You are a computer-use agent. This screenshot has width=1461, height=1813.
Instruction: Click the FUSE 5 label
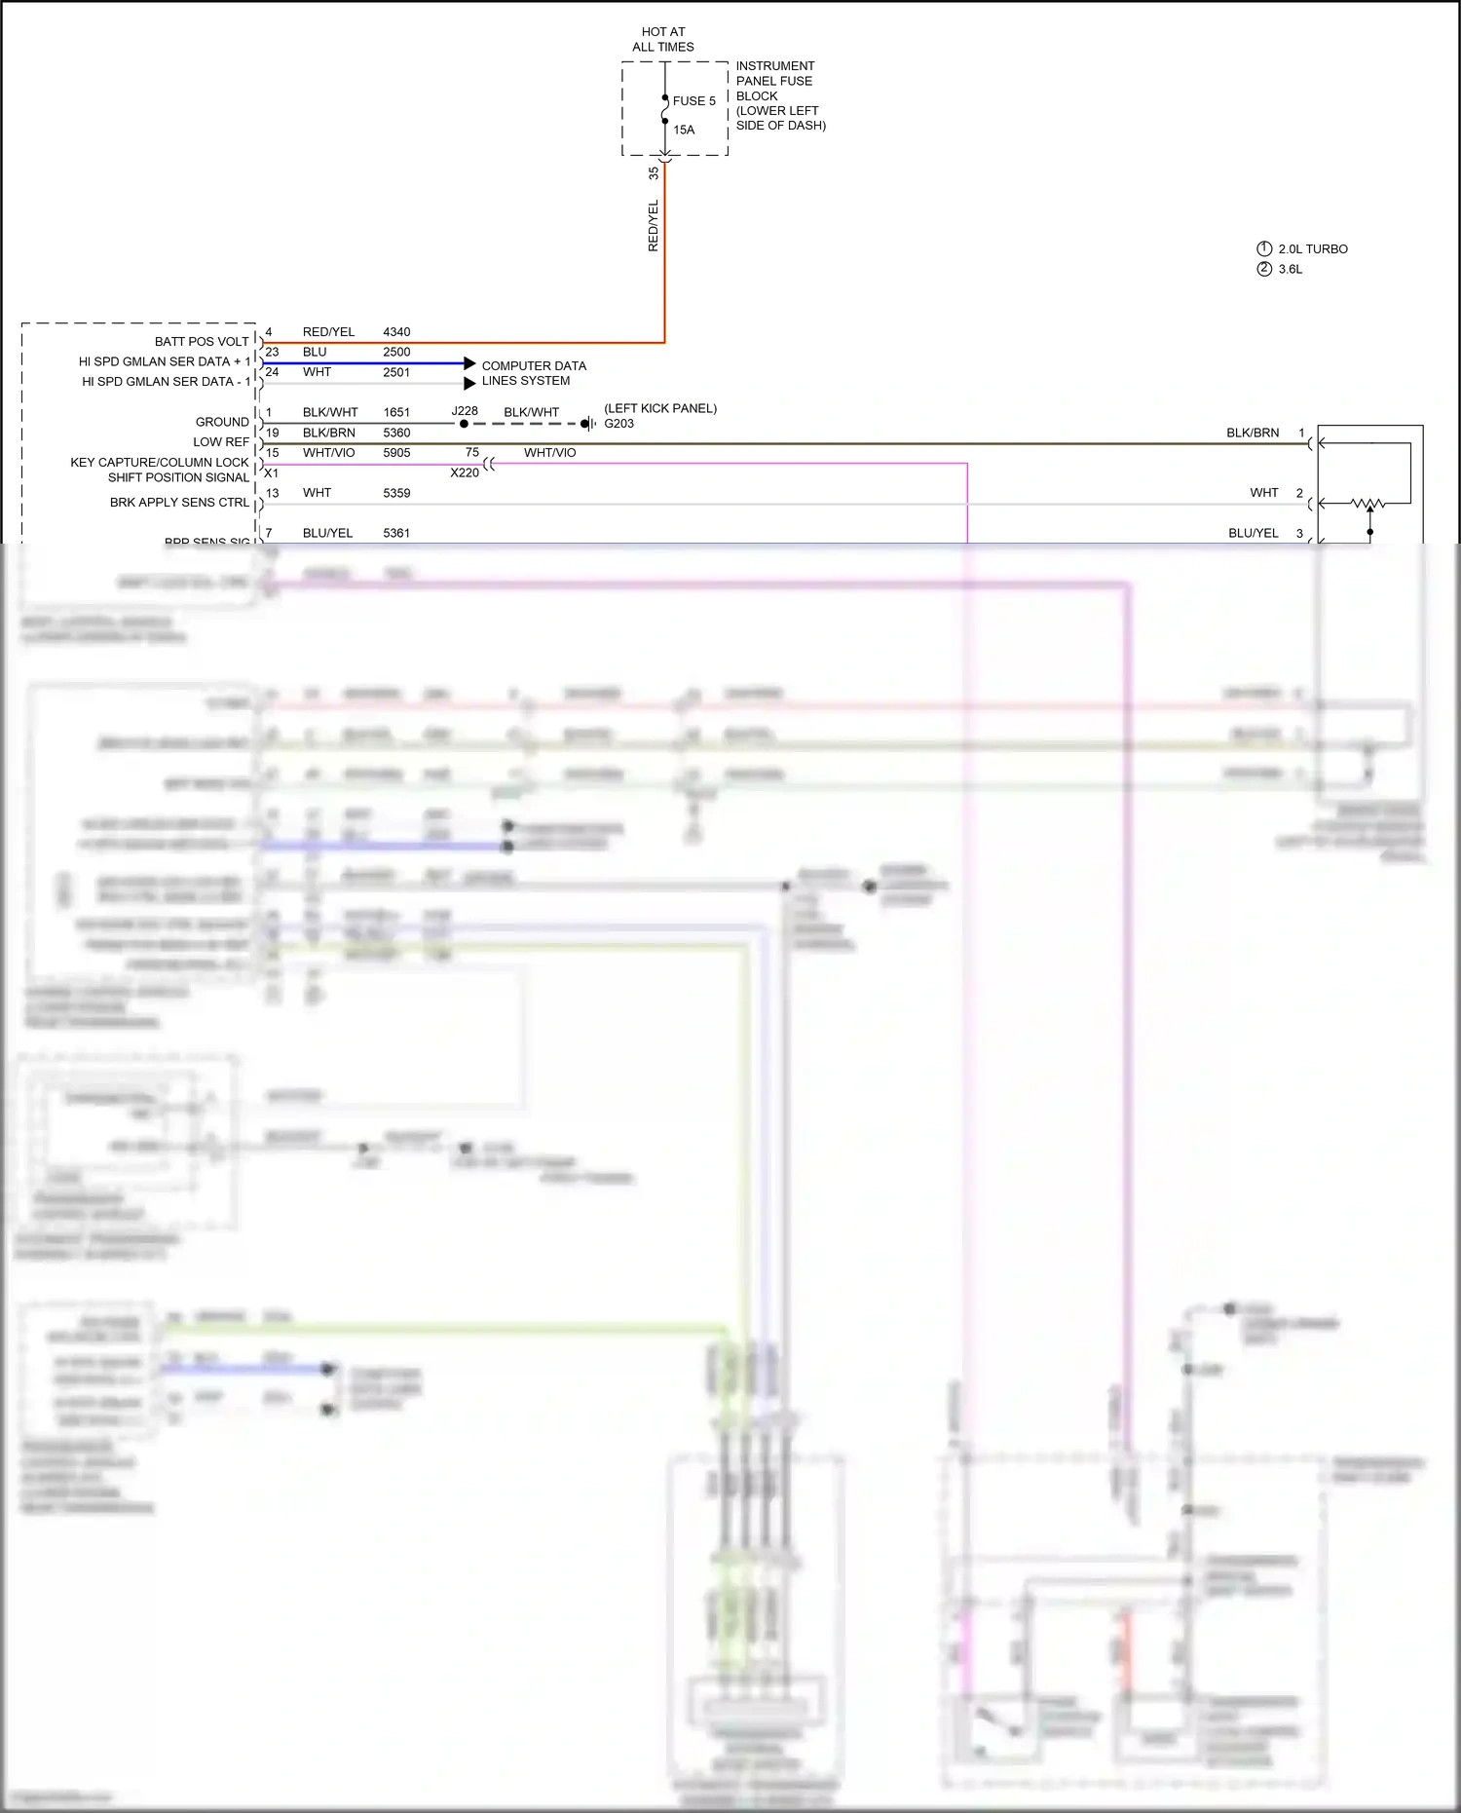click(x=693, y=101)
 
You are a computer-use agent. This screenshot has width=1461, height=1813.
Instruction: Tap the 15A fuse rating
click(x=684, y=131)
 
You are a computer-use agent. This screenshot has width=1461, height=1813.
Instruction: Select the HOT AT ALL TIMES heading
click(x=663, y=40)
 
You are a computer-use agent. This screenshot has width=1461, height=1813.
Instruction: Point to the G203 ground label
click(x=618, y=424)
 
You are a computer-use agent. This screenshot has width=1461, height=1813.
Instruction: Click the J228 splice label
click(x=465, y=411)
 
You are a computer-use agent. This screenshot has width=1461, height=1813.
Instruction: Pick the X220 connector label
click(x=465, y=472)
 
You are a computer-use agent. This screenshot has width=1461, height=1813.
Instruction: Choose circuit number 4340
click(x=396, y=332)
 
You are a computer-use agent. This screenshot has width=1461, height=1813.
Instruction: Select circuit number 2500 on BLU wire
click(x=396, y=353)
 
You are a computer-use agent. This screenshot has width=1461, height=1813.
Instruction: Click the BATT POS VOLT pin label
click(x=202, y=342)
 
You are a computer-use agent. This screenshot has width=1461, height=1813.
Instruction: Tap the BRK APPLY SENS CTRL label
click(x=179, y=503)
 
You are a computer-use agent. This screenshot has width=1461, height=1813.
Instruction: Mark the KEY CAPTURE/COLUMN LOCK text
click(x=160, y=463)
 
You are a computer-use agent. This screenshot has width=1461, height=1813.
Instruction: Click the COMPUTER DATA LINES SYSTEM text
click(x=534, y=373)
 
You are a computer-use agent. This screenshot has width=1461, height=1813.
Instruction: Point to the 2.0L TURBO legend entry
click(x=1312, y=249)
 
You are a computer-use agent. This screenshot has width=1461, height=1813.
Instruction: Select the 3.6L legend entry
click(x=1290, y=270)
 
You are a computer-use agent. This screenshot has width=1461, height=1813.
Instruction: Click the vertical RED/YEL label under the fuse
click(x=654, y=226)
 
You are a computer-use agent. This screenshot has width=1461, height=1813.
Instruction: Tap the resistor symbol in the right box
click(x=1369, y=504)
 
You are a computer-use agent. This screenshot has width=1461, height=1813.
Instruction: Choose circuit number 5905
click(x=396, y=453)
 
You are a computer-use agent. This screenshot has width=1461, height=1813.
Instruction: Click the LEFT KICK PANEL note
click(x=660, y=408)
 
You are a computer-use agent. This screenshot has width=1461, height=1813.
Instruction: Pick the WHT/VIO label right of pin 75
click(x=549, y=453)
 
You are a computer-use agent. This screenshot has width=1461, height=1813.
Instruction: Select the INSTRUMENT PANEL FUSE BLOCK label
click(x=780, y=95)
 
